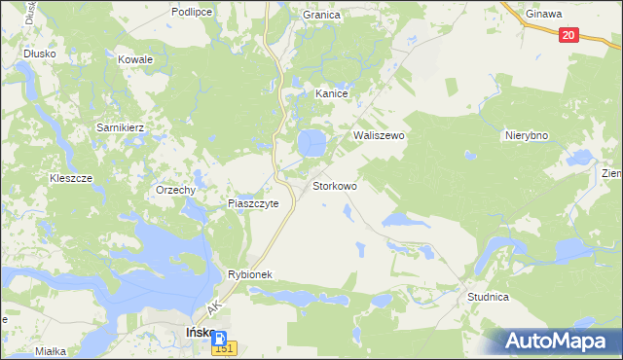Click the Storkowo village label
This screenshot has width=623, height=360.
click(334, 185)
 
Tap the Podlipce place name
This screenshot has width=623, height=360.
click(191, 12)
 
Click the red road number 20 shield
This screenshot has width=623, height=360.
click(570, 35)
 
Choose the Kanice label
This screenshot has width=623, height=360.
click(331, 93)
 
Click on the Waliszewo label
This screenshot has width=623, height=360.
click(379, 136)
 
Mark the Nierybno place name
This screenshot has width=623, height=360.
click(529, 136)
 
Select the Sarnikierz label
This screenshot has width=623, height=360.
click(120, 127)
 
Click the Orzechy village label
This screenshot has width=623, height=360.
click(176, 191)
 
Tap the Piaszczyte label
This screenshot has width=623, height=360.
click(253, 203)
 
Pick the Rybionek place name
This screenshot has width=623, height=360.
click(254, 274)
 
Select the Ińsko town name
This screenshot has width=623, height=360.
click(200, 333)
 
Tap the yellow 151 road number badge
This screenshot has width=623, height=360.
click(224, 349)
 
